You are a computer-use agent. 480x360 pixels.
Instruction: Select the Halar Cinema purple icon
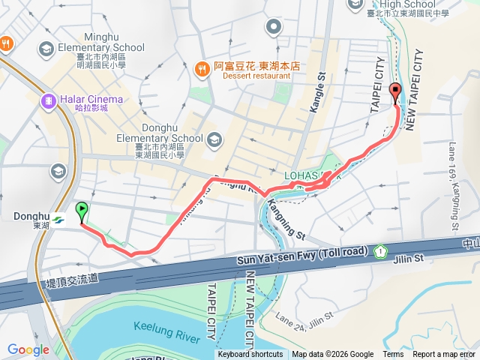[49, 99]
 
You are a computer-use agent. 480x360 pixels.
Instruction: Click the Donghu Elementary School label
[160, 138]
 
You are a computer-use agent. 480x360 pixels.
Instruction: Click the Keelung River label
[166, 329]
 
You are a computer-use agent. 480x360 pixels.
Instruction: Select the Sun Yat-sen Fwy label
[302, 256]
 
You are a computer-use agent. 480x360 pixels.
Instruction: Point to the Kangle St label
[316, 89]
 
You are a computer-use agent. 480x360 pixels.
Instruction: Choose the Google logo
[28, 349]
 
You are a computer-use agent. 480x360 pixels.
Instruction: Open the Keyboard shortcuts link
[250, 355]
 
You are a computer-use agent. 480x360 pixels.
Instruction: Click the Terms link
[393, 355]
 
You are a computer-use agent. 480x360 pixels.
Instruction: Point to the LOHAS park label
[307, 176]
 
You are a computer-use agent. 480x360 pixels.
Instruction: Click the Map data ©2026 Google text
[333, 355]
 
